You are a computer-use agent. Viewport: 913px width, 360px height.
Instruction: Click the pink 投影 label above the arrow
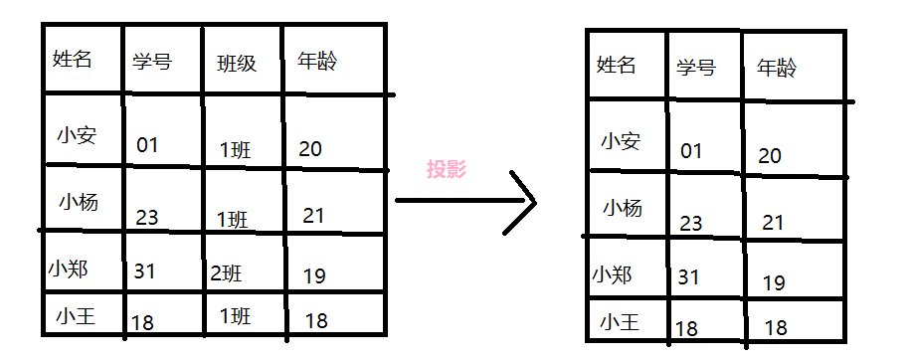tap(446, 169)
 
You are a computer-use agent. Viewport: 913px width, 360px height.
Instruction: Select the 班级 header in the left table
tap(237, 63)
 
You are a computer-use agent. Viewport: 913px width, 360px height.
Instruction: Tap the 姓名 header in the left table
tap(72, 59)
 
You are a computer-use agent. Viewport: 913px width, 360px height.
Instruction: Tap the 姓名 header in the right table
tap(616, 66)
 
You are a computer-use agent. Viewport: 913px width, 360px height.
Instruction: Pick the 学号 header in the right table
tap(695, 68)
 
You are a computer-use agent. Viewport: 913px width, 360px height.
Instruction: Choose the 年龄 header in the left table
tap(317, 61)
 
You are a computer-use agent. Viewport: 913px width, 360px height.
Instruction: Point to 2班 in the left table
tap(226, 271)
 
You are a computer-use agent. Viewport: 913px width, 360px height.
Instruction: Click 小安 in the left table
tap(77, 135)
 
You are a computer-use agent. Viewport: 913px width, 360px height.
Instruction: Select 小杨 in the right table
tap(623, 208)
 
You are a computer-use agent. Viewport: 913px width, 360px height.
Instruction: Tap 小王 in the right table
tap(620, 321)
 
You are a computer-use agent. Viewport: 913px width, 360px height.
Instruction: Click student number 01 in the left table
tap(147, 146)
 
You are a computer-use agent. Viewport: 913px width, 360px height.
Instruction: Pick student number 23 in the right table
tap(691, 223)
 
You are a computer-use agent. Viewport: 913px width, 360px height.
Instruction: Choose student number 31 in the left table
tap(144, 270)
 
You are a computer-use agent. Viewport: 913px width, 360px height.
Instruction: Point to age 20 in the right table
tap(770, 155)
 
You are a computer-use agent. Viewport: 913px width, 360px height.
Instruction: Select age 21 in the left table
tap(313, 216)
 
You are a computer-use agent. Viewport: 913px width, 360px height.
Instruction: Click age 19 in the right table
tap(774, 282)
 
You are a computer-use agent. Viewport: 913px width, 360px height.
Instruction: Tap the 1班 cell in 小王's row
tap(235, 316)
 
